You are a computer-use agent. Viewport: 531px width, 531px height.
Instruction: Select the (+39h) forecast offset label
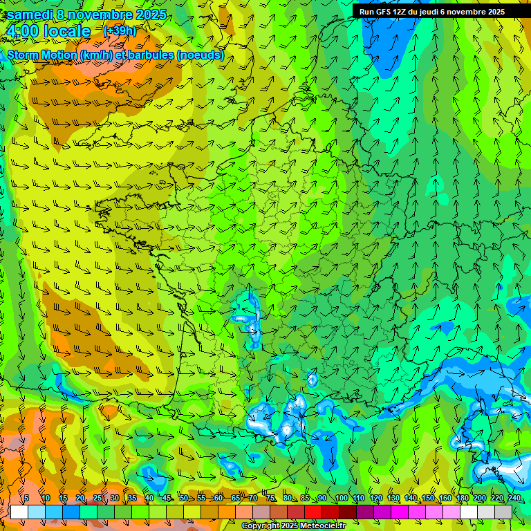point(120,31)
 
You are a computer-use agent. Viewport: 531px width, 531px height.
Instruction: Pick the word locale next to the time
point(67,32)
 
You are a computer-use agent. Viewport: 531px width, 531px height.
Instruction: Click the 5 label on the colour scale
point(26,499)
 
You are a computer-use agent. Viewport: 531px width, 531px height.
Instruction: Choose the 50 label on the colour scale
point(184,499)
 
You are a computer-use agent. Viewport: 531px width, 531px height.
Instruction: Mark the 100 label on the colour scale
point(341,499)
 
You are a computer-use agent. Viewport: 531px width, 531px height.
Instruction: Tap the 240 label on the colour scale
point(514,499)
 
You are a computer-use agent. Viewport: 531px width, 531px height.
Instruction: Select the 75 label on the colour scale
point(270,499)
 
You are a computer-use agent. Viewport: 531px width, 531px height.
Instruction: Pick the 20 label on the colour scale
point(80,499)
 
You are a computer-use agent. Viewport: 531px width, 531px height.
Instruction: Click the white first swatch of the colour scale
point(19,512)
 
